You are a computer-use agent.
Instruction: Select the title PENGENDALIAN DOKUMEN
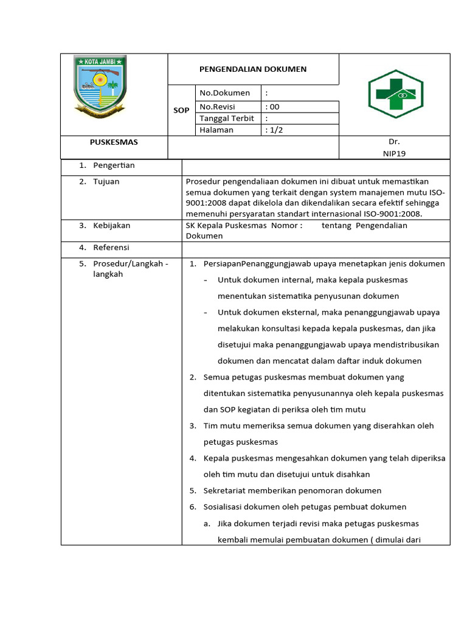[253, 69]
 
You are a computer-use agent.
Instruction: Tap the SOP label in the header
[181, 111]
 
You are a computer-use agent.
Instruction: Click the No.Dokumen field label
[224, 93]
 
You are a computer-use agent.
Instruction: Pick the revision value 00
[273, 106]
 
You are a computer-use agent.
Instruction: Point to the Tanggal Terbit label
[227, 118]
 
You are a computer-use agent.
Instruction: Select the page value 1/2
[275, 130]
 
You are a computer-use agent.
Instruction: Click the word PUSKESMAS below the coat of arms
[114, 142]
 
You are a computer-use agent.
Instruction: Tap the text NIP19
[394, 153]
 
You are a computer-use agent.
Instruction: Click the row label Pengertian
[114, 165]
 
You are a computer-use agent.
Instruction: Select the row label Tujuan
[106, 181]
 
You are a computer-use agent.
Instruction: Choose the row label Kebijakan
[111, 225]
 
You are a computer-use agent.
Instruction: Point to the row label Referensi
[111, 248]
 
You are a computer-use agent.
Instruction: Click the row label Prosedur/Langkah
[130, 263]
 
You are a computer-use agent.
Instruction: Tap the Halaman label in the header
[216, 130]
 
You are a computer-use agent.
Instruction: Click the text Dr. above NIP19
[394, 142]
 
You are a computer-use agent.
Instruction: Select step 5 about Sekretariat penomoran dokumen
[292, 490]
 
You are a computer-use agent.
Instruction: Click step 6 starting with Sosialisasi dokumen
[304, 507]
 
